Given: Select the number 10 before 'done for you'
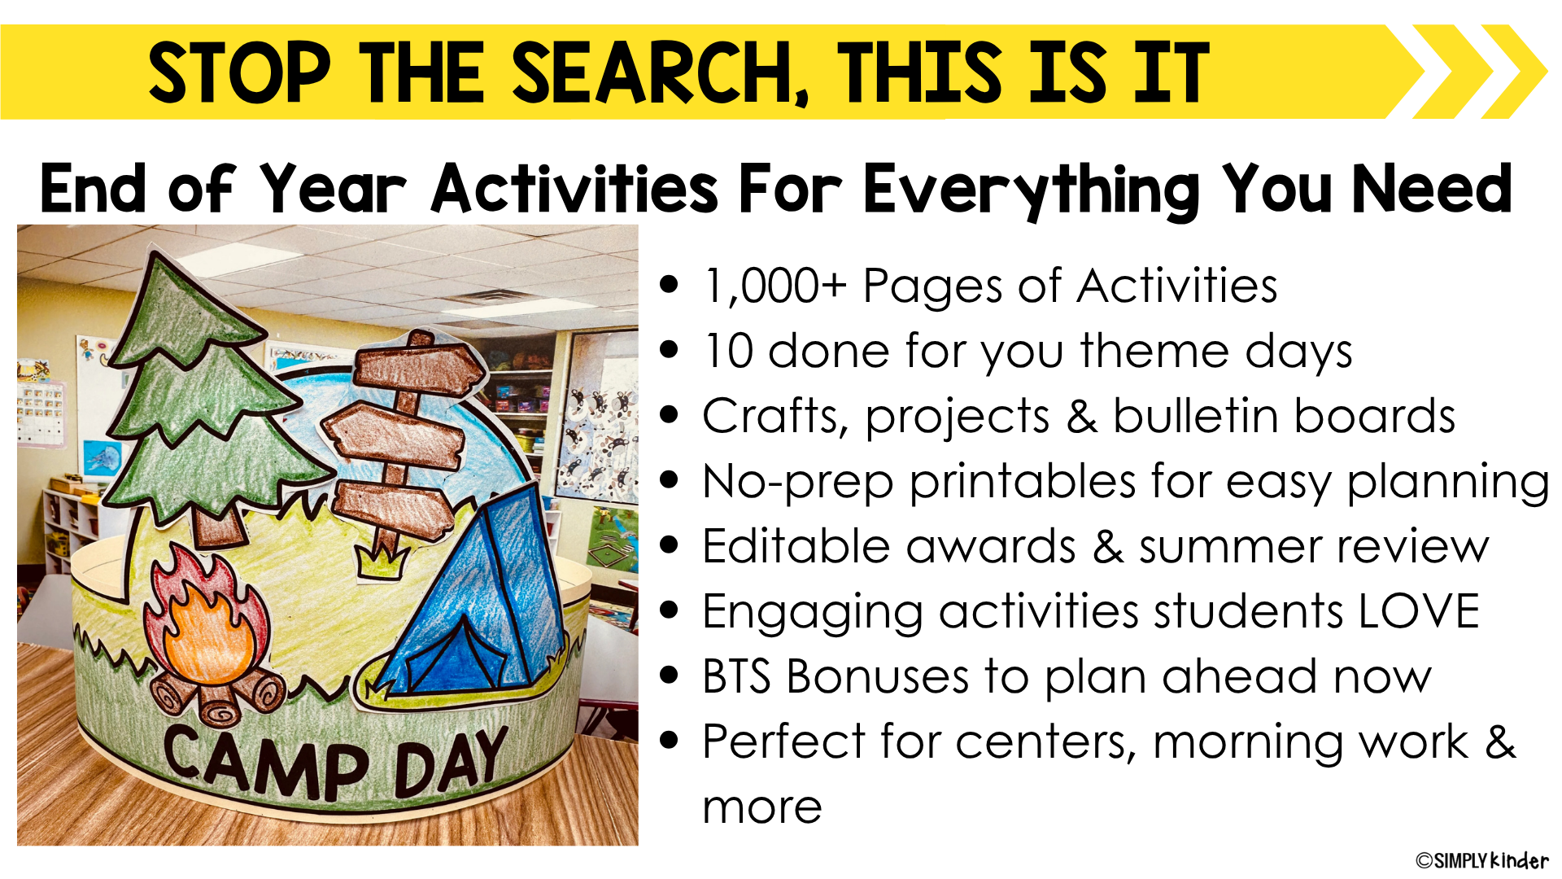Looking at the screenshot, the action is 729,352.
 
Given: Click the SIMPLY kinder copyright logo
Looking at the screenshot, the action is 1481,860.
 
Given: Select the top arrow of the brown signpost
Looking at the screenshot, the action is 418,365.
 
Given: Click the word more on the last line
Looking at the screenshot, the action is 762,808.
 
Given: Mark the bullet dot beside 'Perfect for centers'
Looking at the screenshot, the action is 670,741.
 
